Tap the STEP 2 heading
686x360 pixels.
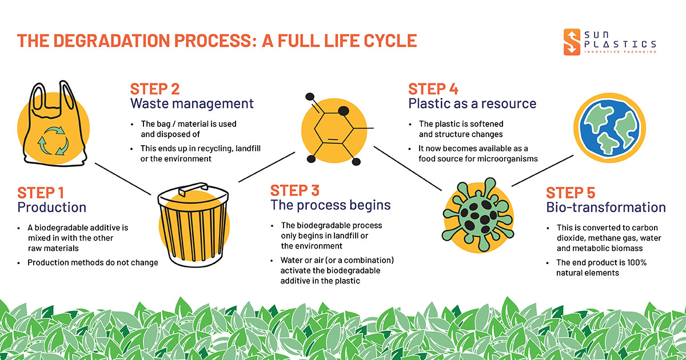[155, 89]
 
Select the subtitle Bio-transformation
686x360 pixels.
[606, 207]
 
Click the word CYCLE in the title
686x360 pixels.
[389, 41]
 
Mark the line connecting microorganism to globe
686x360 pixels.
[541, 170]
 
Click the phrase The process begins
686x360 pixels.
[330, 205]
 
